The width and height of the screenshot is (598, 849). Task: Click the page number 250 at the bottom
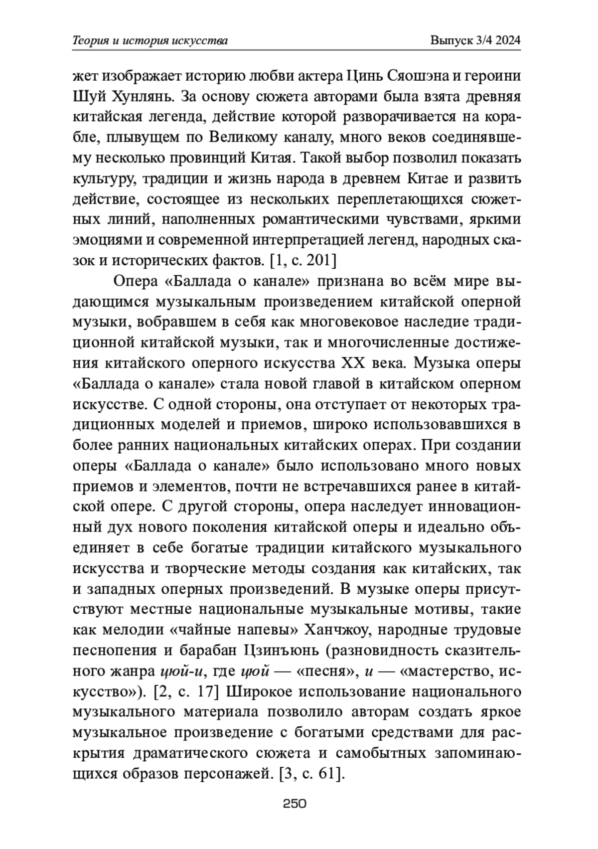[294, 803]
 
